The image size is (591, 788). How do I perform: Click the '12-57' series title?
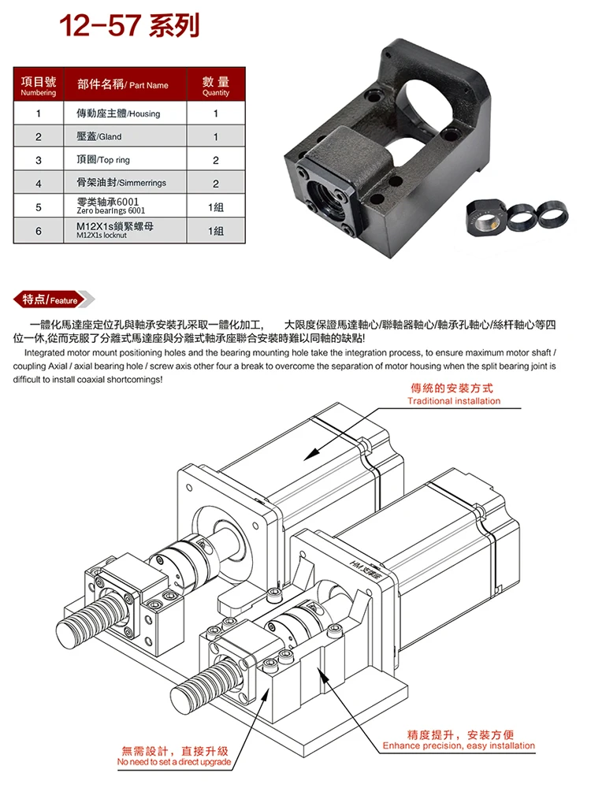130,26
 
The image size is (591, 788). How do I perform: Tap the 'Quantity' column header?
215,86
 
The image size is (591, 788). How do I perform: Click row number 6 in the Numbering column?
38,231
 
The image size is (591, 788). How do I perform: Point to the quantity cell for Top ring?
215,160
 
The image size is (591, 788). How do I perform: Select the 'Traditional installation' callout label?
453,395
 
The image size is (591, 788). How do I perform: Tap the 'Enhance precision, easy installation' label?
458,740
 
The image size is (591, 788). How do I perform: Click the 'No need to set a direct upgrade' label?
174,756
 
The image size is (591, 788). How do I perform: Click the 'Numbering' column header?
38,86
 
